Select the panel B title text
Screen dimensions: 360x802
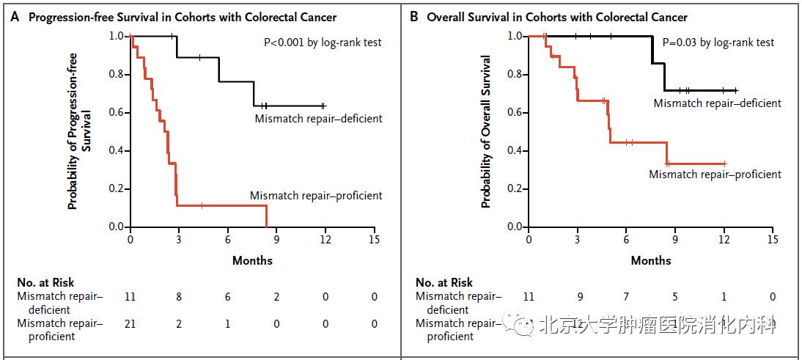(557, 17)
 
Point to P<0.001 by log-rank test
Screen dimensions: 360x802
(323, 43)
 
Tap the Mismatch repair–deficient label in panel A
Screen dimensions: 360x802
(318, 118)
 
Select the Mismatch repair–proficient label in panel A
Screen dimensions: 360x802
(316, 196)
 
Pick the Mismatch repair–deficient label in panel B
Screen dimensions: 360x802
(717, 103)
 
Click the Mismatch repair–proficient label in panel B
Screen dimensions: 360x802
(715, 175)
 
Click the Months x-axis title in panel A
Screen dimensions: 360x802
(252, 260)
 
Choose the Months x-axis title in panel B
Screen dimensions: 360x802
(651, 260)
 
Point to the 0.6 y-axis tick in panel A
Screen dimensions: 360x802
(116, 112)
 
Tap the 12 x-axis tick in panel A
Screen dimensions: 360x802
(325, 240)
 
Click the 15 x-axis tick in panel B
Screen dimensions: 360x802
(773, 240)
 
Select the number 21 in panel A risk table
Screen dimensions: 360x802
(130, 323)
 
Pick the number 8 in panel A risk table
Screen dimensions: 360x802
(179, 297)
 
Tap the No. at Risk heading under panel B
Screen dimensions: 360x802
(444, 282)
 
